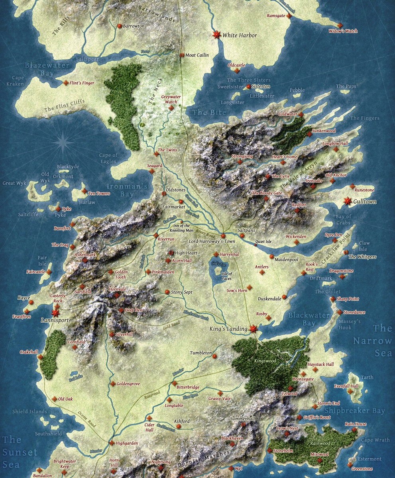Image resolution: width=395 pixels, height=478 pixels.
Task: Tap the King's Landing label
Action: tap(228, 329)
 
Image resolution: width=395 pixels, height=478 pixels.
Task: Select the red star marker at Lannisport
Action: tap(55, 313)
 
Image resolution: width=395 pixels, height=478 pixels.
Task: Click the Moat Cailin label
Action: tap(197, 55)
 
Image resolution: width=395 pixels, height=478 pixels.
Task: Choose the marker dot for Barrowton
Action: tap(119, 26)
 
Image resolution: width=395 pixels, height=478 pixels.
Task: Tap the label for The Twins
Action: tap(167, 150)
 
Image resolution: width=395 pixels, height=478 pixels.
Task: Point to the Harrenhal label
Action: tap(229, 254)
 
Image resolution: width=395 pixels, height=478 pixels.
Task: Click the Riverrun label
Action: tap(166, 239)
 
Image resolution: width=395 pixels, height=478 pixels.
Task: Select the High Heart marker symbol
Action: tap(171, 253)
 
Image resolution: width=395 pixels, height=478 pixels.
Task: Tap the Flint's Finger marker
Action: tap(66, 83)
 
